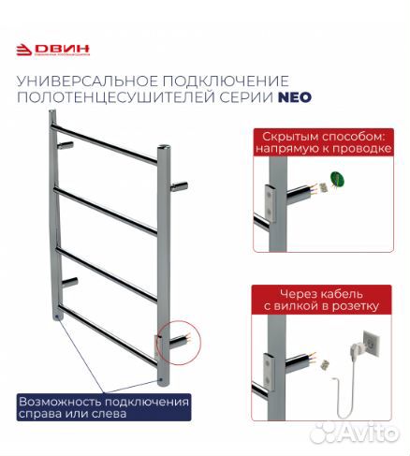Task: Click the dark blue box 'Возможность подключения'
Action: click(x=104, y=407)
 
